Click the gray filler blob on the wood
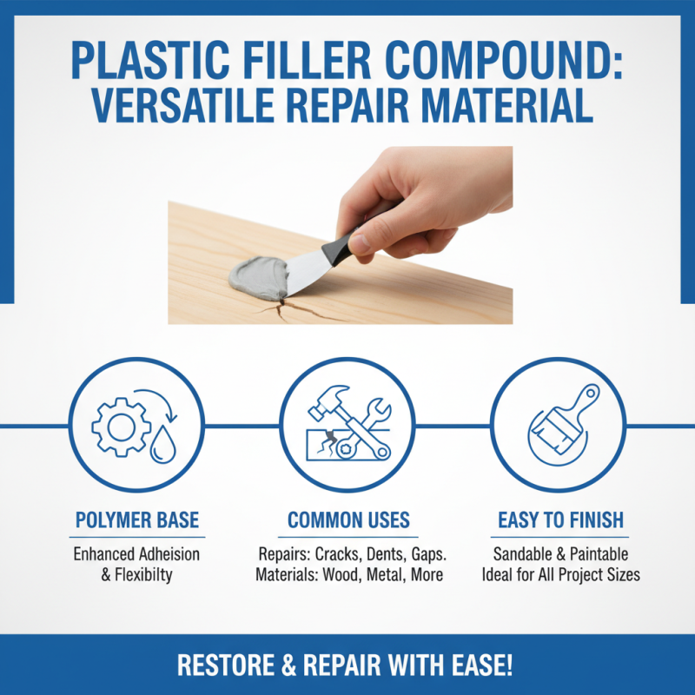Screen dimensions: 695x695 257,277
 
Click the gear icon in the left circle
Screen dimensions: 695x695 116,426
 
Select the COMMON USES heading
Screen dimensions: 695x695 348,520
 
